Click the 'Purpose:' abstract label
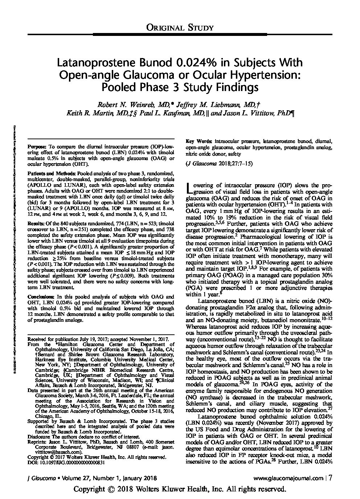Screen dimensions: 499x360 pyautogui.click(x=37, y=147)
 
